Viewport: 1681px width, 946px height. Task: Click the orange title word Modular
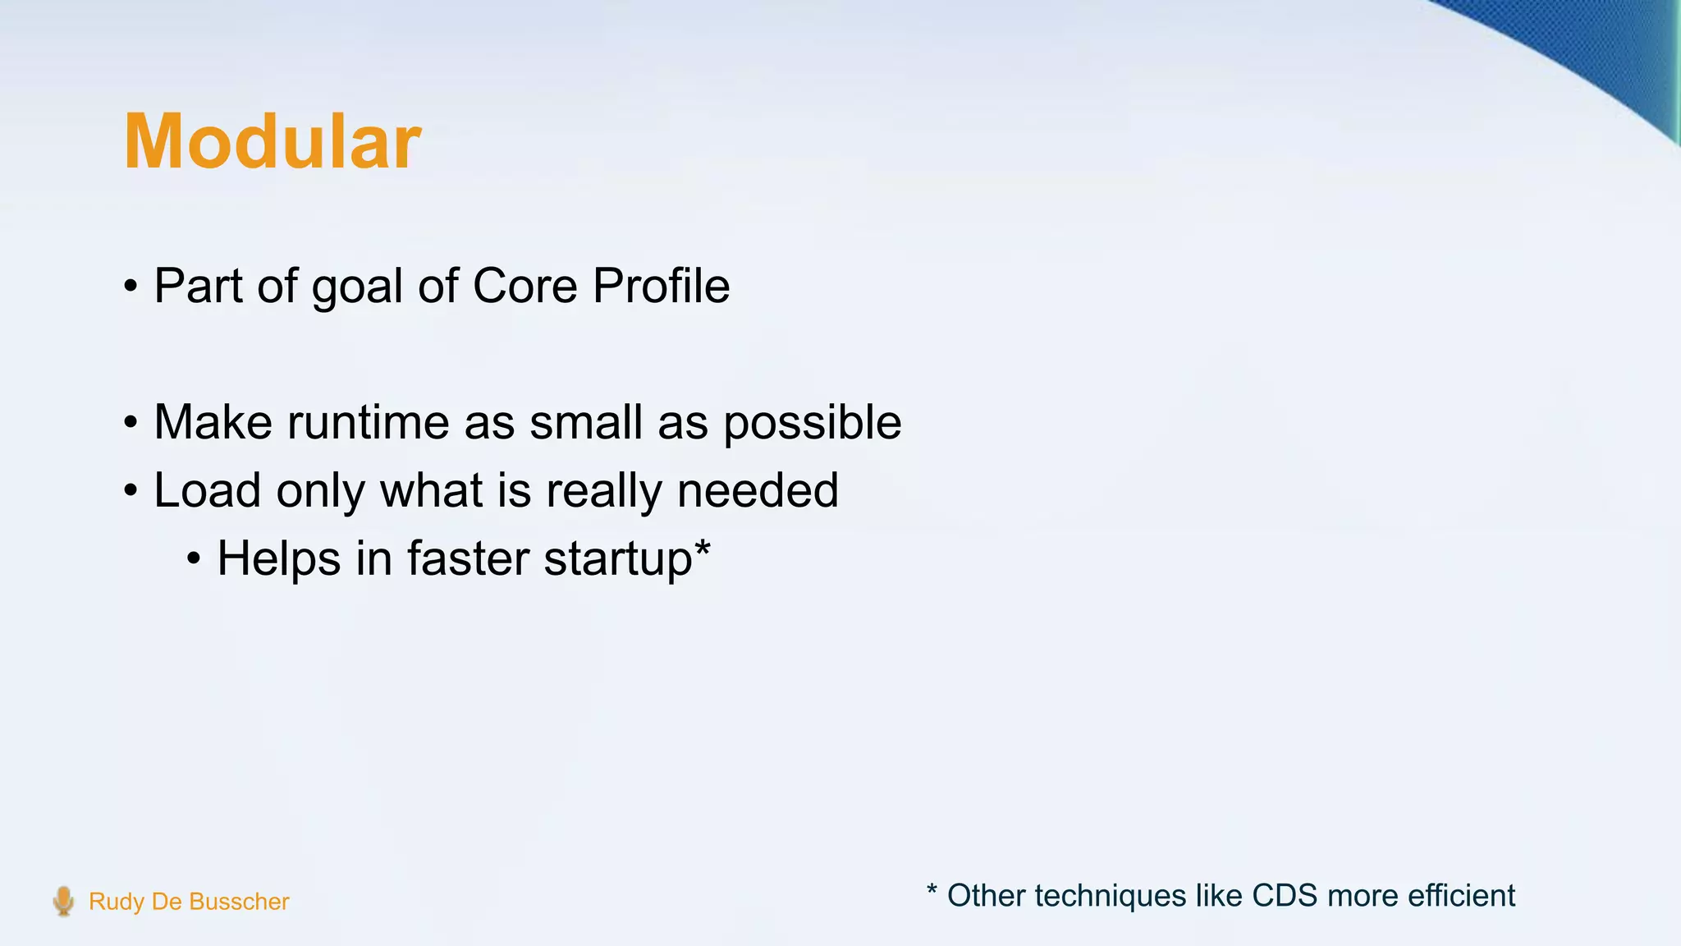point(272,142)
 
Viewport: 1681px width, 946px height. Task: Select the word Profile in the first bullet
point(661,286)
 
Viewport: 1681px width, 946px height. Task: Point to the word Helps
point(278,559)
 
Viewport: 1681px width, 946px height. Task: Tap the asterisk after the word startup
point(702,549)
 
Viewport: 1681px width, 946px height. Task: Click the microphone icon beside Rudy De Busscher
point(63,901)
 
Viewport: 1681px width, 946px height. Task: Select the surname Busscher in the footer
point(239,902)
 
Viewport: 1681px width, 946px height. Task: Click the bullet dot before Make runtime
point(131,424)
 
